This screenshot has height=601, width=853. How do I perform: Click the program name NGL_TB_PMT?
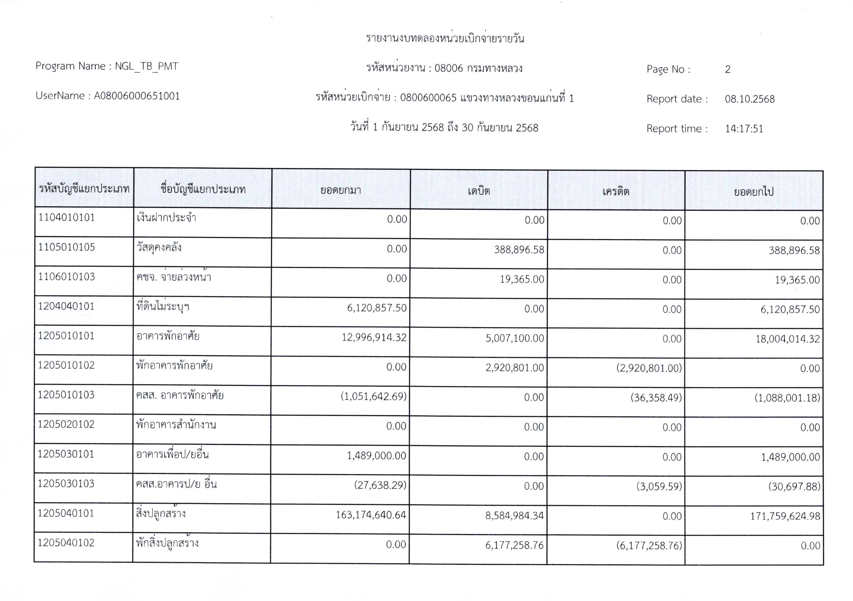tap(146, 67)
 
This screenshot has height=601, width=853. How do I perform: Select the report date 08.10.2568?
tap(749, 99)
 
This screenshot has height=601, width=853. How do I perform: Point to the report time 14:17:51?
tap(744, 129)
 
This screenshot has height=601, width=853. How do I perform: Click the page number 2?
tap(727, 69)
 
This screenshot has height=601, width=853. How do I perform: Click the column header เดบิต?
tap(479, 191)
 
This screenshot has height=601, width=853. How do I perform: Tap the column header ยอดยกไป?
tap(753, 192)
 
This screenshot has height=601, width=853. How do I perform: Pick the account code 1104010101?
tap(67, 218)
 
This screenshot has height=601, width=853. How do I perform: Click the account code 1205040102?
tap(66, 543)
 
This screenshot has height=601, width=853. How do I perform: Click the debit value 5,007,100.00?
tap(515, 338)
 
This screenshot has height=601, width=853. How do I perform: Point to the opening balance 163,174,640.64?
tap(371, 515)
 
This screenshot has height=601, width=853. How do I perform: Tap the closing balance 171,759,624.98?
tap(785, 516)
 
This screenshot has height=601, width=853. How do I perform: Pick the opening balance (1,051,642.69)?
tap(373, 396)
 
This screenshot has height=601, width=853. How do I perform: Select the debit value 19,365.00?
tap(522, 279)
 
